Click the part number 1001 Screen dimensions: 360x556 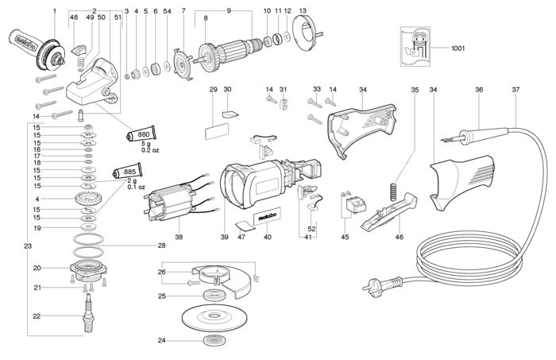(x=458, y=49)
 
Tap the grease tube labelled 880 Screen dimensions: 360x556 (x=142, y=135)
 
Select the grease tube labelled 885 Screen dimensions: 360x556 (x=128, y=171)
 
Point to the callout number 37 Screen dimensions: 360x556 (x=515, y=91)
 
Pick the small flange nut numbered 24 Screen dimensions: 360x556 (x=211, y=341)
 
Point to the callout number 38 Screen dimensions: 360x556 (x=179, y=237)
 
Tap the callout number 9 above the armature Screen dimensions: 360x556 (x=229, y=10)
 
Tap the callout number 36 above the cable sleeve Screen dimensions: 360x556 (x=479, y=91)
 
